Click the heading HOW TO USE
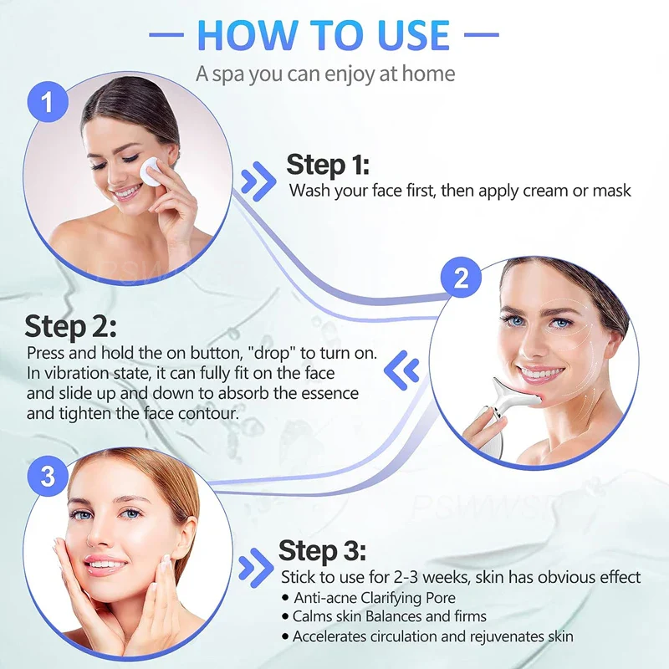click(324, 34)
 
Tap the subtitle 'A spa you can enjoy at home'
click(325, 74)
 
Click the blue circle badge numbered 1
click(49, 103)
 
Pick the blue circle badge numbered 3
click(48, 477)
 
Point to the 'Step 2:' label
click(70, 325)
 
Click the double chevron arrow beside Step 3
click(256, 568)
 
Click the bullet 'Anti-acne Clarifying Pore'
click(375, 597)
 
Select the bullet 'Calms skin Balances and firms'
click(389, 616)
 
